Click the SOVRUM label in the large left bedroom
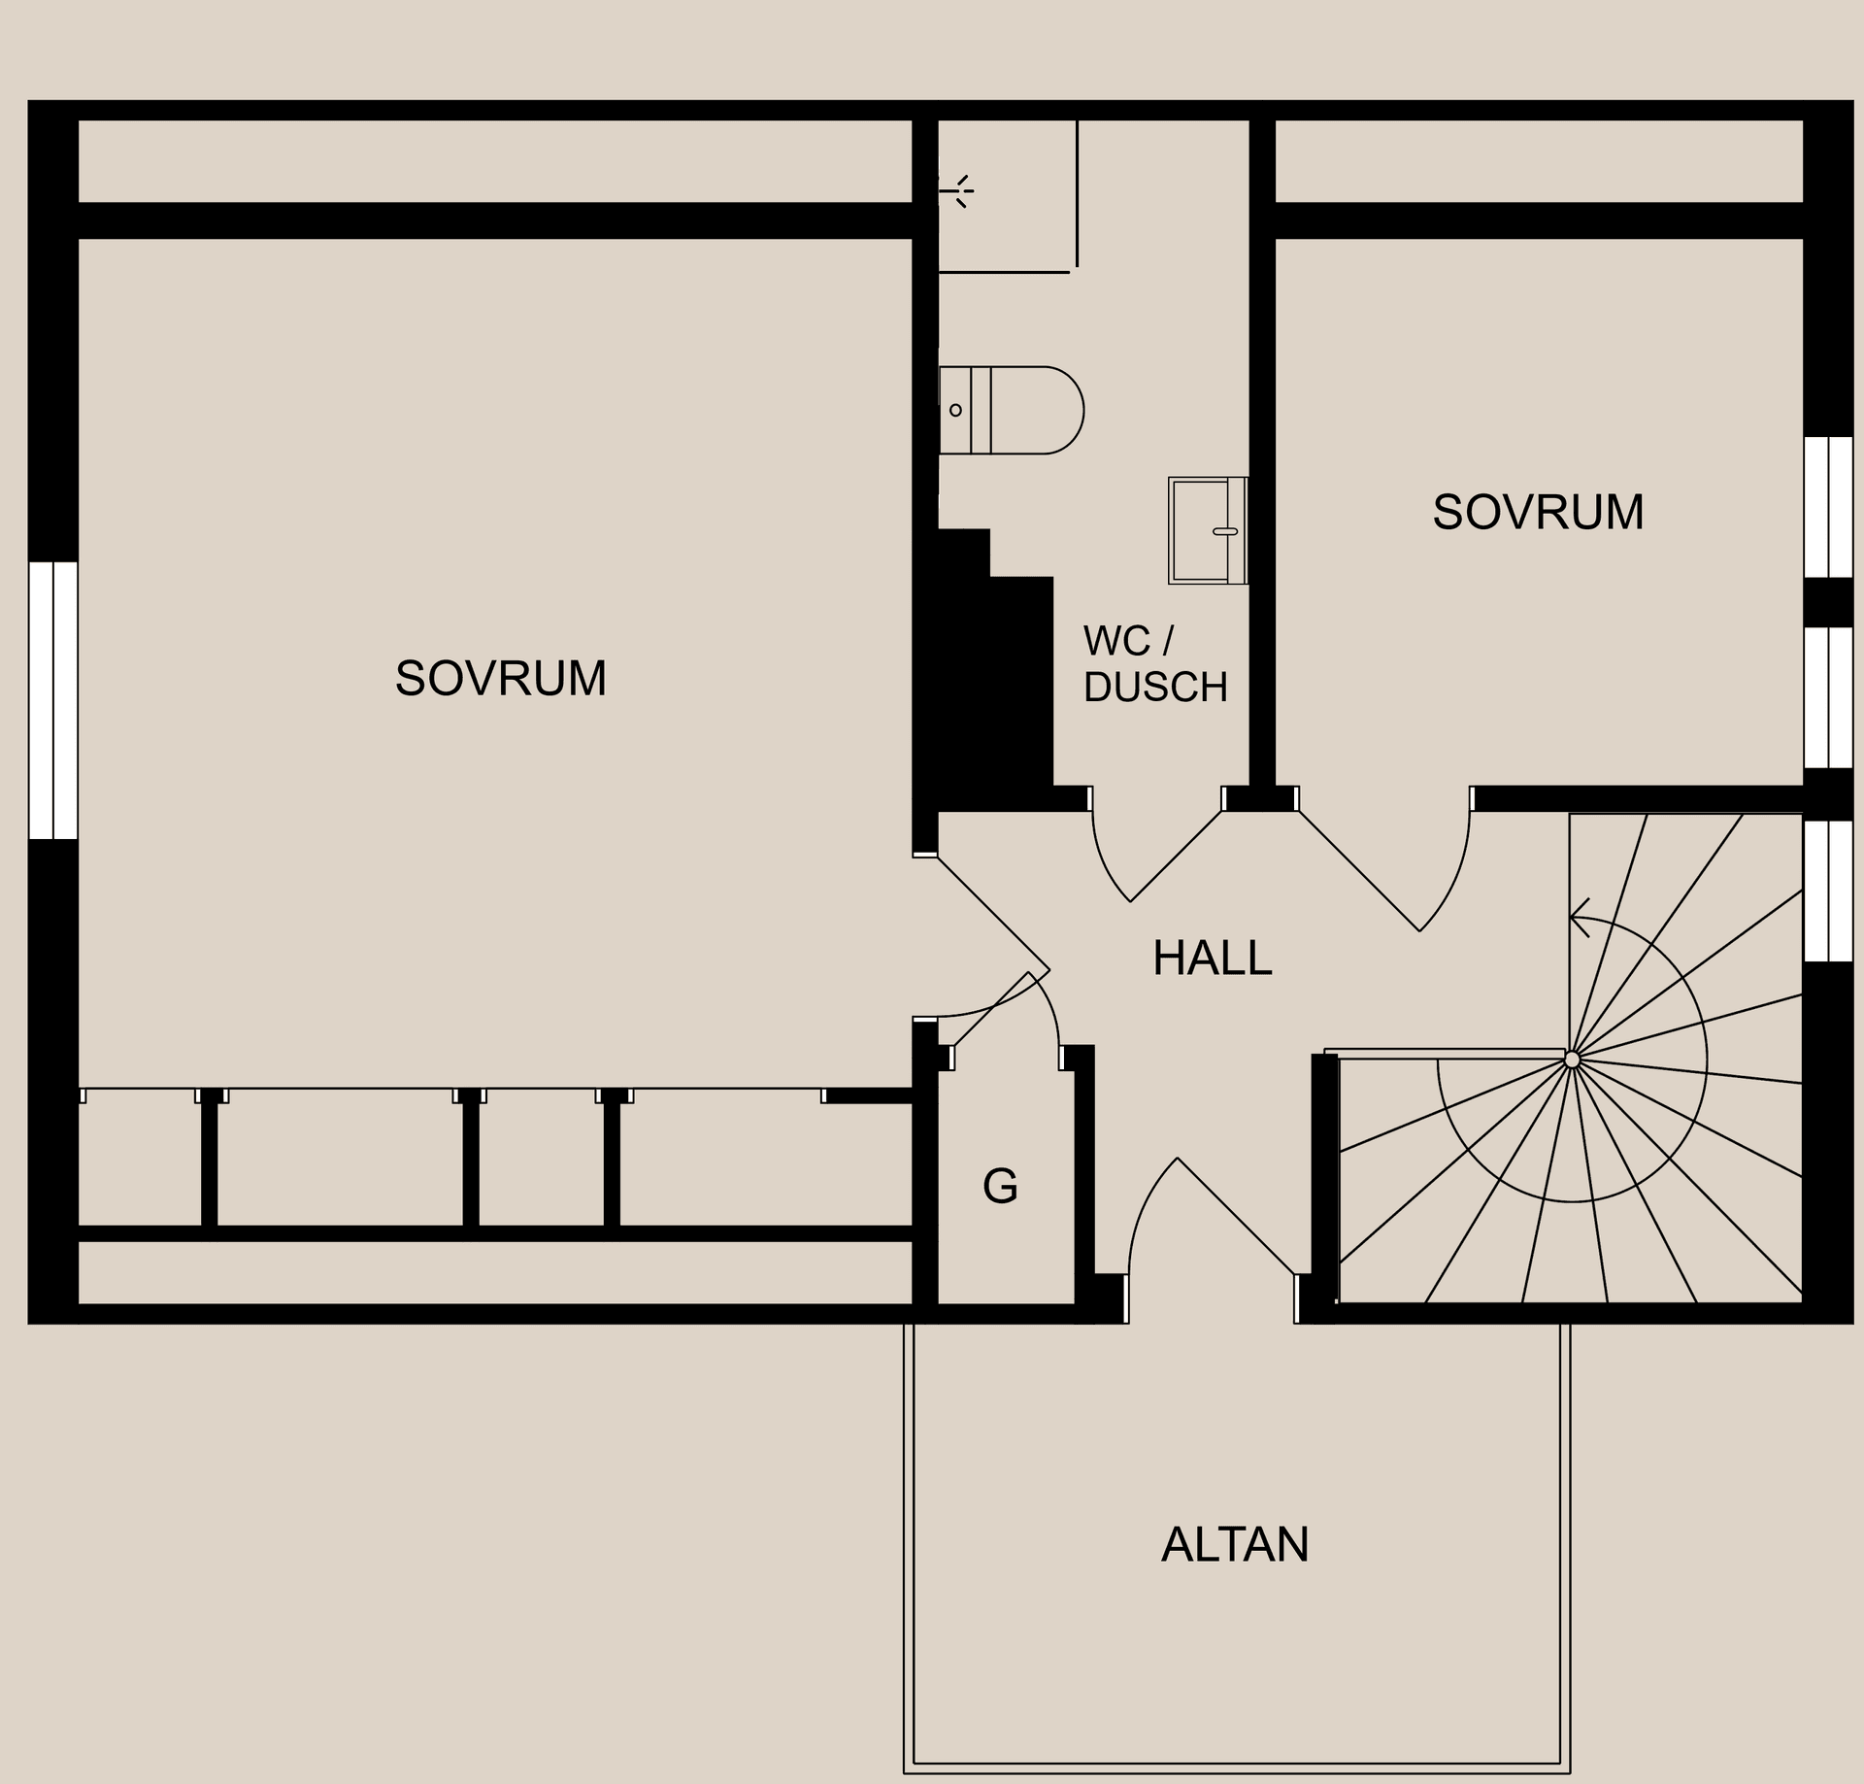[501, 678]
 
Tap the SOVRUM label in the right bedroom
[1538, 512]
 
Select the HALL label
[1212, 958]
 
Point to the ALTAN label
[1235, 1543]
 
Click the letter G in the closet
[1000, 1185]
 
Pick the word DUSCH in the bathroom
[1155, 687]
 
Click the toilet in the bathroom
[1011, 410]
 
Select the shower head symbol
[957, 191]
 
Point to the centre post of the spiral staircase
[1572, 1060]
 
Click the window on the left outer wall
[52, 699]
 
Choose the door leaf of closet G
[990, 1020]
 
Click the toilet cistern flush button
[955, 410]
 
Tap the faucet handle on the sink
[1225, 531]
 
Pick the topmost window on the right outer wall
[1828, 507]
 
